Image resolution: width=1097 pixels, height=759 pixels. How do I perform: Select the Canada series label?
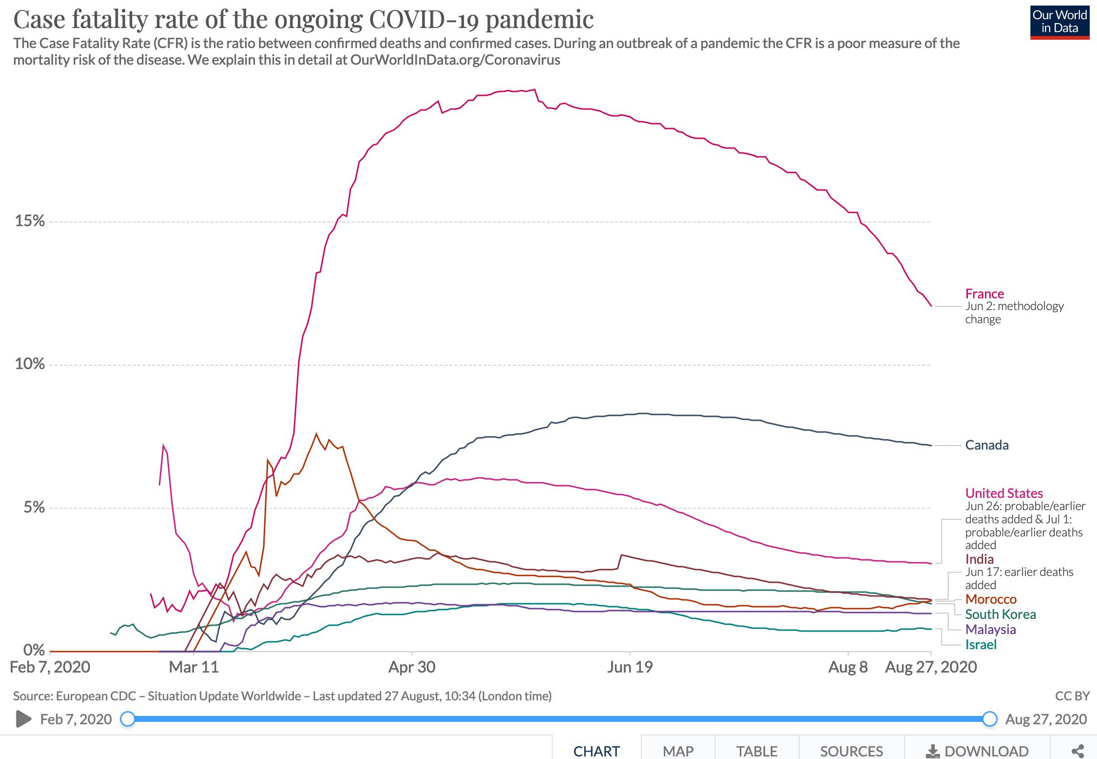click(987, 445)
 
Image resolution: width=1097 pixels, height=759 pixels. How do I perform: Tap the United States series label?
click(1004, 493)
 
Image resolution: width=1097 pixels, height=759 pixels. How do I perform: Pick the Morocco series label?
click(990, 599)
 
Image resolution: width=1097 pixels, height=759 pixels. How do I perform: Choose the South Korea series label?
click(1000, 614)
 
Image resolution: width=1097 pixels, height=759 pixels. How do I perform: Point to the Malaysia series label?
click(990, 629)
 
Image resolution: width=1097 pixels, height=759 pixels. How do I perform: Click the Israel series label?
click(980, 645)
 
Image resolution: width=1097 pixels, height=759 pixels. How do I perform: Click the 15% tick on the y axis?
click(30, 221)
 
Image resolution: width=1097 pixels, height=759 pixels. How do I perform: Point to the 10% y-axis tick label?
click(30, 364)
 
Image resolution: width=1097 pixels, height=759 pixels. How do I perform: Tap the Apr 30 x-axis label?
click(412, 667)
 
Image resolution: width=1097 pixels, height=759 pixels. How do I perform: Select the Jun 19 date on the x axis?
click(630, 667)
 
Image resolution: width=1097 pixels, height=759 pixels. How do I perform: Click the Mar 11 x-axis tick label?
click(193, 667)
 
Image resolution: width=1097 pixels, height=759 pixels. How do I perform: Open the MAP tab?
click(678, 751)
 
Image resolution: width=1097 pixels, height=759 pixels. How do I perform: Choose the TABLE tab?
click(757, 751)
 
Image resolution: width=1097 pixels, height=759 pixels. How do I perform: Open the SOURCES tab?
click(851, 751)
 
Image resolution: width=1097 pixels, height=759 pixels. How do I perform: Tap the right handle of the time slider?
click(989, 719)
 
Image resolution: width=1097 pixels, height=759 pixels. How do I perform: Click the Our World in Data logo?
click(1059, 22)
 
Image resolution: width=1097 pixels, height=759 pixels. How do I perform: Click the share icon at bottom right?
click(1078, 751)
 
